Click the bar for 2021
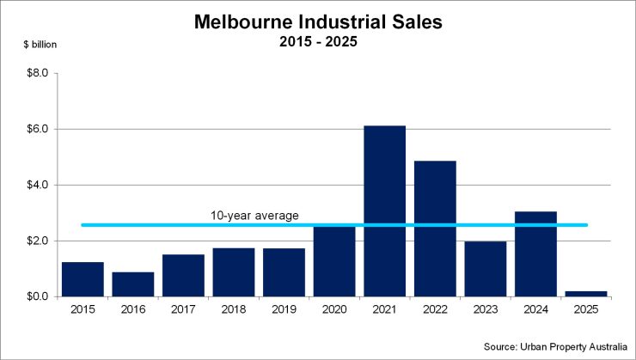384,211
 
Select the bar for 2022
435,229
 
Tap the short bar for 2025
586,294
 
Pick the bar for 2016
132,284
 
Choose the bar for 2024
535,253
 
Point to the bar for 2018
234,272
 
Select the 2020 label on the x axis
334,308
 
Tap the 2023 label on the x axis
486,308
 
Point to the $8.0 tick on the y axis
37,74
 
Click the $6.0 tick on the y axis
37,130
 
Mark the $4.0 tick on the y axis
37,186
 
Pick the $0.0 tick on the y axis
37,296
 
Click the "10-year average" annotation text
255,215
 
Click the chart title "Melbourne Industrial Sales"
318,22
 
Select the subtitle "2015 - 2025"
318,41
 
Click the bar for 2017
183,275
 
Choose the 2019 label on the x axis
284,308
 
